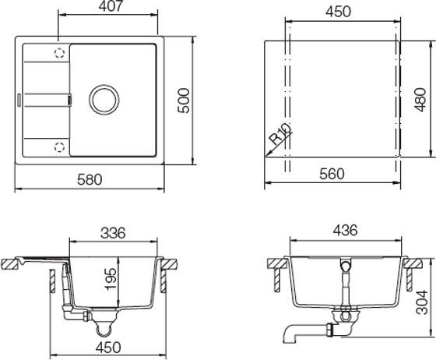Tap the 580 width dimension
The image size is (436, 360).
coord(90,180)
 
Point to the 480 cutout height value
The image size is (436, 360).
coord(420,99)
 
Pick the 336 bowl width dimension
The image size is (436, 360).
coord(114,233)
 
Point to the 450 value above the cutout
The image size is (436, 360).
coord(337,12)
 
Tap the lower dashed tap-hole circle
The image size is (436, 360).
coord(59,145)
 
